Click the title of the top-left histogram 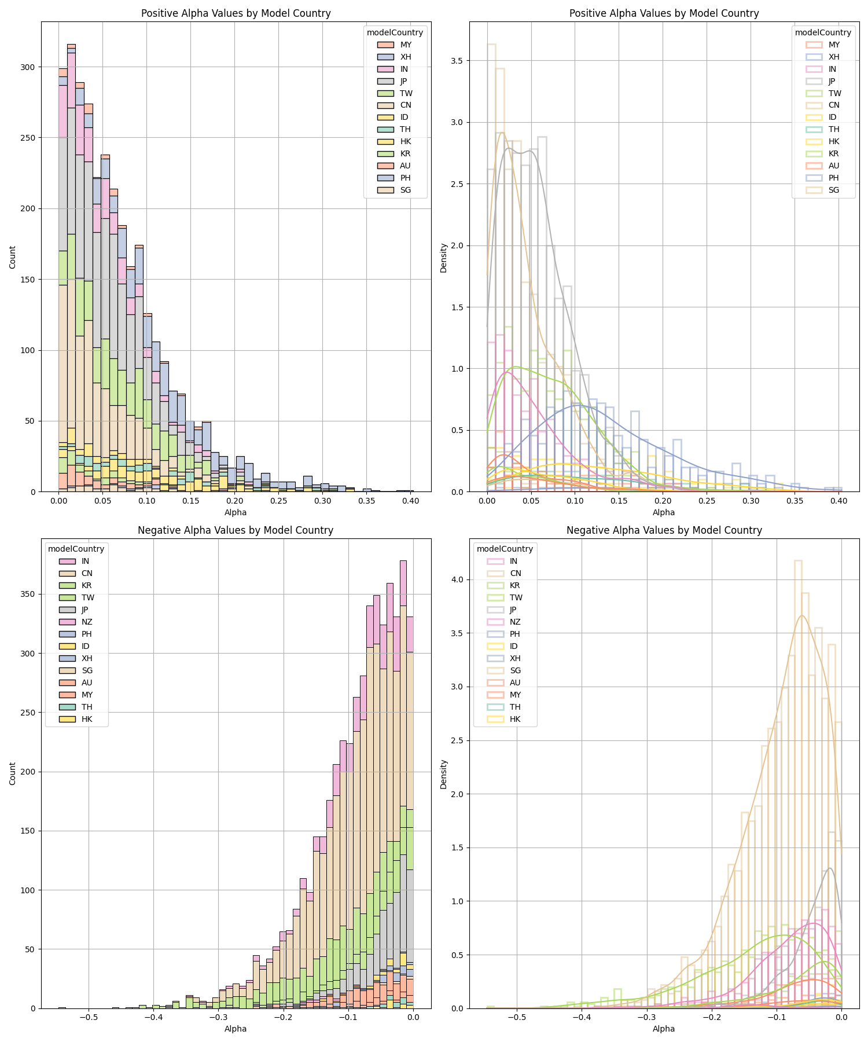click(x=236, y=13)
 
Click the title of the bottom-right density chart click(x=664, y=530)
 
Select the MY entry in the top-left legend click(x=406, y=45)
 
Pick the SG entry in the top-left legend click(x=406, y=190)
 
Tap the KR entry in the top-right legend click(x=834, y=154)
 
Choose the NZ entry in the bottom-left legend click(x=87, y=622)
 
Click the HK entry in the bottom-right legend click(x=515, y=720)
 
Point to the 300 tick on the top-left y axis click(x=27, y=67)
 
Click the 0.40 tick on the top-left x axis click(x=410, y=500)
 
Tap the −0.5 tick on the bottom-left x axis click(x=88, y=1017)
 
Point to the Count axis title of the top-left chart click(x=13, y=256)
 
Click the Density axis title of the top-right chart click(x=443, y=258)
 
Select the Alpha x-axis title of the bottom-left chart click(x=236, y=1029)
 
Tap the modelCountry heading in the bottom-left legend click(x=76, y=549)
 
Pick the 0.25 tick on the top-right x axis click(x=707, y=500)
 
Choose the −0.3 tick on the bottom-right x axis click(x=646, y=1017)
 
